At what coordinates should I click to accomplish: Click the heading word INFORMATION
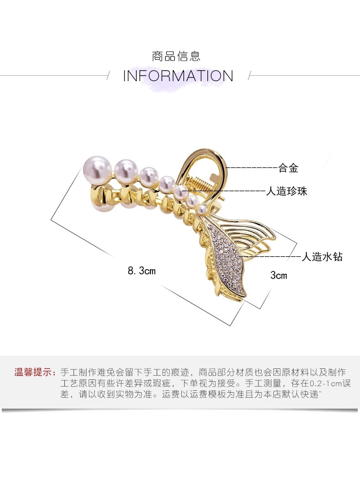178,76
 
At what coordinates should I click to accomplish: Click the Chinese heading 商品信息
176,57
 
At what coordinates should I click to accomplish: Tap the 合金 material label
288,168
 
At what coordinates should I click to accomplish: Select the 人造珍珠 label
287,191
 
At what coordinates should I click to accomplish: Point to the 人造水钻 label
322,257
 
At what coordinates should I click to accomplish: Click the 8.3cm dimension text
142,271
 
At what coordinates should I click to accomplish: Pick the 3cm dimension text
278,275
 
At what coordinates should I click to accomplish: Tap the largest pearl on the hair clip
96,169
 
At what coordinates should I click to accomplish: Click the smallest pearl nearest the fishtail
201,209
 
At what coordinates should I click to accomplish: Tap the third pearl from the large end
149,176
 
